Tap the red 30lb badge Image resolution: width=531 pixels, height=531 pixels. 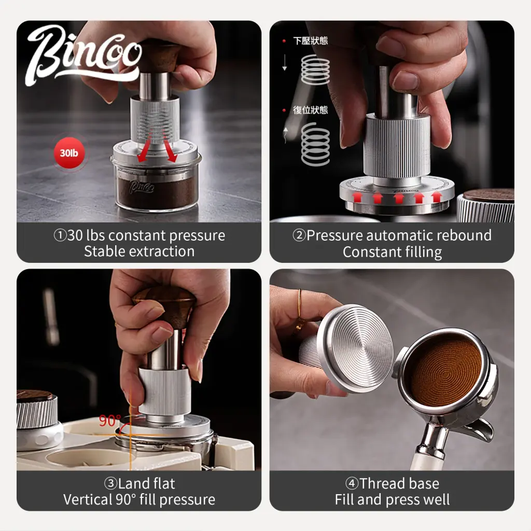(69, 153)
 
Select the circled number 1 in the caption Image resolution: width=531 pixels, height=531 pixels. (60, 235)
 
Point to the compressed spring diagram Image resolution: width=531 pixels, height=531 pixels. (315, 69)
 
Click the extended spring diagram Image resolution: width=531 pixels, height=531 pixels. (315, 144)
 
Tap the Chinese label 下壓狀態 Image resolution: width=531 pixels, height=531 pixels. (310, 40)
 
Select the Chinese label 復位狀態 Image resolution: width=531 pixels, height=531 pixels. (310, 110)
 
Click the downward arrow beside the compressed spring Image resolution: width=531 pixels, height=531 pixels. (285, 62)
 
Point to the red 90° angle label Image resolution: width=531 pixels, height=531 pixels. (109, 421)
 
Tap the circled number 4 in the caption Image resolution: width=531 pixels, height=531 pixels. (352, 484)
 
